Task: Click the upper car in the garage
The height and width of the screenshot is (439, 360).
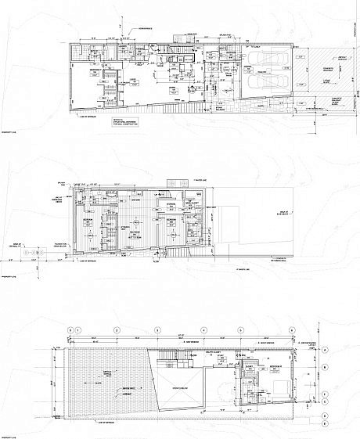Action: [265, 66]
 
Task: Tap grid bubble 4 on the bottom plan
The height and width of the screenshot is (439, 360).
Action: [203, 329]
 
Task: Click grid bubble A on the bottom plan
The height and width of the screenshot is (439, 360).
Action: [323, 353]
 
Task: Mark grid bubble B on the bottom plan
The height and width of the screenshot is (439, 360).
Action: [323, 364]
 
